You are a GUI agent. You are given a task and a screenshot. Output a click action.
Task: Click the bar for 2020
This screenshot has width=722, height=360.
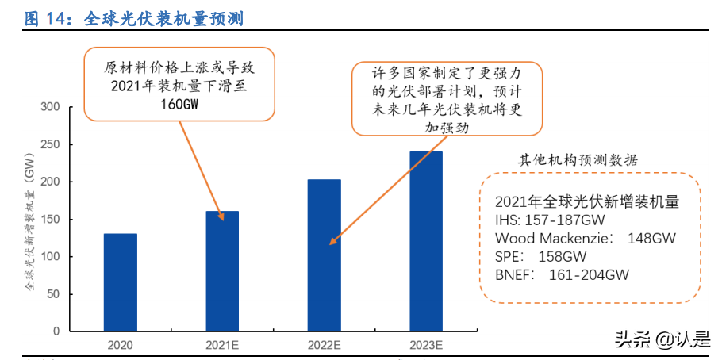120,282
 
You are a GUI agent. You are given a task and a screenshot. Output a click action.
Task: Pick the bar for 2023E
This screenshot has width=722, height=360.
426,241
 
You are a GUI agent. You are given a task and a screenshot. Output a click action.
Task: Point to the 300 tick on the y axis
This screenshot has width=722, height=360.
50,107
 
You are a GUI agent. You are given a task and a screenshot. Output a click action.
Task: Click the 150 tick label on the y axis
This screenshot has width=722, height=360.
50,220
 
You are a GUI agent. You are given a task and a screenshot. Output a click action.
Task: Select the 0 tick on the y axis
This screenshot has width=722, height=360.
56,331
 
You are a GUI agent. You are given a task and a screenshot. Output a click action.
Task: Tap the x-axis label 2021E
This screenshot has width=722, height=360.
222,346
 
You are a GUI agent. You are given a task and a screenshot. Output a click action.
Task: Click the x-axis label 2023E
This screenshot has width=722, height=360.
426,346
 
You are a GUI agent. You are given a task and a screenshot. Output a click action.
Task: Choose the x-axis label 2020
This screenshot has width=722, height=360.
120,346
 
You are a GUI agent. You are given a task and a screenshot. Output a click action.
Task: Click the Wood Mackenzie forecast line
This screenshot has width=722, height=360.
586,238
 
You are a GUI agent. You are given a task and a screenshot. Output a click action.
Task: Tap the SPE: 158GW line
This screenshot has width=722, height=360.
540,256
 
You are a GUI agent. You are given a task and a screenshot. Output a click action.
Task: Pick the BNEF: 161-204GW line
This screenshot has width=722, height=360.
562,274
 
